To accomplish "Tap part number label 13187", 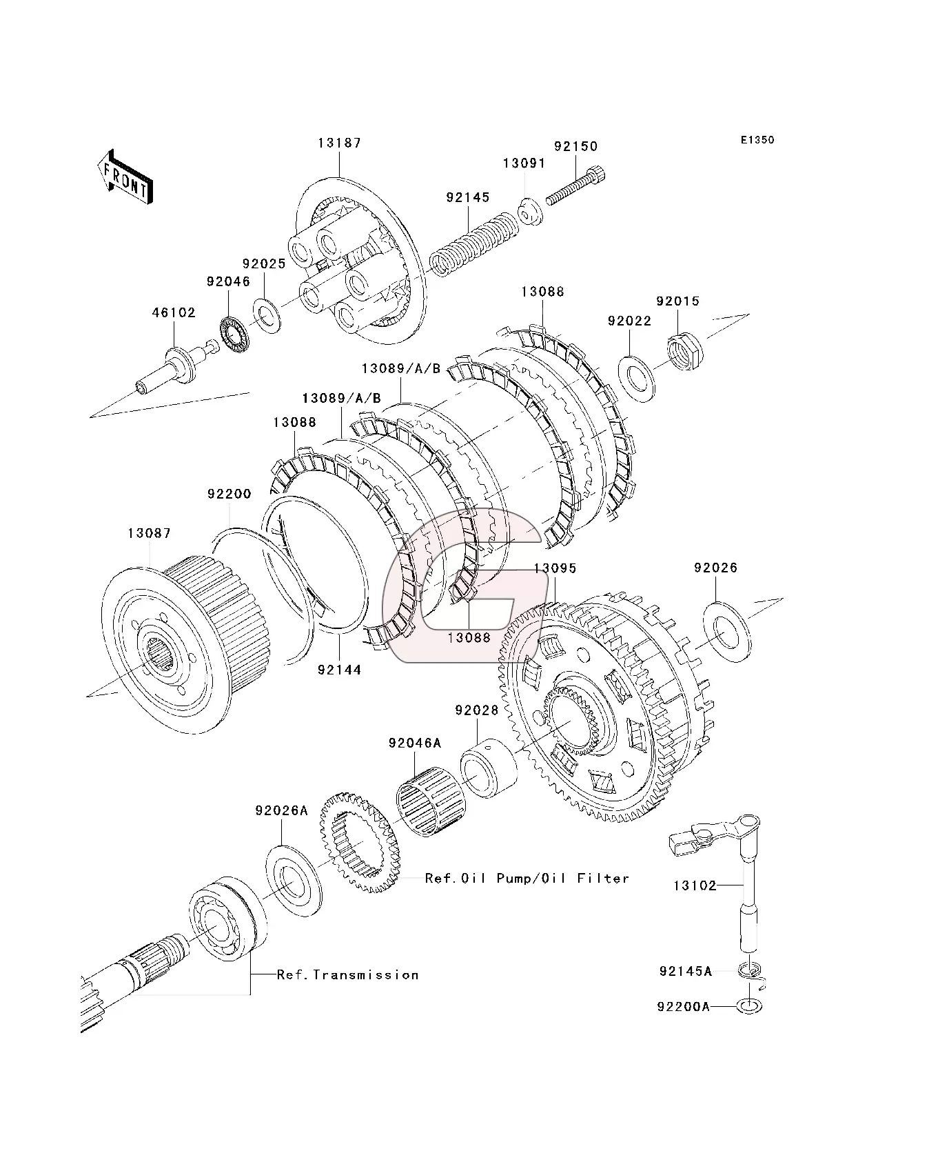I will click(339, 143).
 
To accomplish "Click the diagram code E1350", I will click(757, 140).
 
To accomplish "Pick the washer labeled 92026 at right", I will click(728, 631).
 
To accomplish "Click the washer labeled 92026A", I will click(294, 879).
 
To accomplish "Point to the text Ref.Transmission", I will click(347, 974).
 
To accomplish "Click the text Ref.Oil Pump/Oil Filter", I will click(527, 878).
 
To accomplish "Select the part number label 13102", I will click(695, 885).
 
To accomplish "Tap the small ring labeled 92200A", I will click(750, 1005).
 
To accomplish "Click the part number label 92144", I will click(339, 669).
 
